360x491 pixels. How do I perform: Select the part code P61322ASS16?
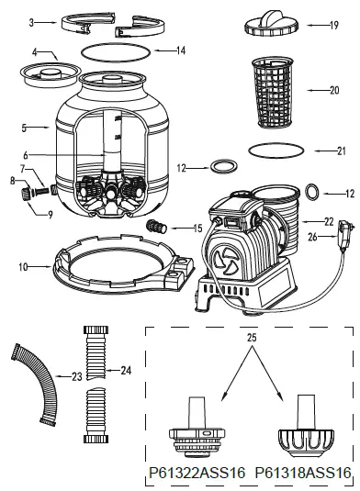[x=197, y=472]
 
